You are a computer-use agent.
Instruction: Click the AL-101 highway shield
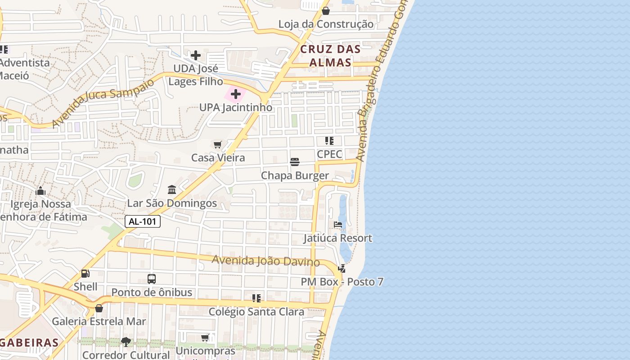click(x=142, y=221)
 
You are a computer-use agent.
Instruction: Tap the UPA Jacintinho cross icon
click(x=235, y=94)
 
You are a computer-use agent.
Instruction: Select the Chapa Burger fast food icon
click(x=295, y=162)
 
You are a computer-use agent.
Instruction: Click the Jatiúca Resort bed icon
click(x=338, y=225)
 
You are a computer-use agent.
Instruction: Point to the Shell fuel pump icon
click(x=85, y=273)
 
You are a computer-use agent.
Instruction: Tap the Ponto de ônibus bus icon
click(x=152, y=279)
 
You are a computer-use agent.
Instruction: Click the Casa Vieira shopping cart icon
click(x=218, y=144)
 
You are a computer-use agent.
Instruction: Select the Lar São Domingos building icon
click(x=172, y=190)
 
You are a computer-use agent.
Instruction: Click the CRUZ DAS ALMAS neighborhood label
click(x=330, y=56)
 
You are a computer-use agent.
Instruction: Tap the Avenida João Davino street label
click(x=265, y=261)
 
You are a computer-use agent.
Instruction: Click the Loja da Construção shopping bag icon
click(x=326, y=10)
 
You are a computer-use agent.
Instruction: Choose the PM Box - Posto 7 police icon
click(x=342, y=269)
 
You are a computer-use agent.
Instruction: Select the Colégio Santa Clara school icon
click(x=256, y=298)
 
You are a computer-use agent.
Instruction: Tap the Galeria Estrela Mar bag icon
click(x=99, y=308)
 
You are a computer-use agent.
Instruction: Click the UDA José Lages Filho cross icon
click(x=196, y=55)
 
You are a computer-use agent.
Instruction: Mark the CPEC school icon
click(x=329, y=141)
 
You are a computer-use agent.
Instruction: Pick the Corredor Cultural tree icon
click(x=126, y=342)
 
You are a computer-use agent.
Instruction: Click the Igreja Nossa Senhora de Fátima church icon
click(x=40, y=191)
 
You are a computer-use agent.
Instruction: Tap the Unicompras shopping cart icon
click(x=205, y=337)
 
